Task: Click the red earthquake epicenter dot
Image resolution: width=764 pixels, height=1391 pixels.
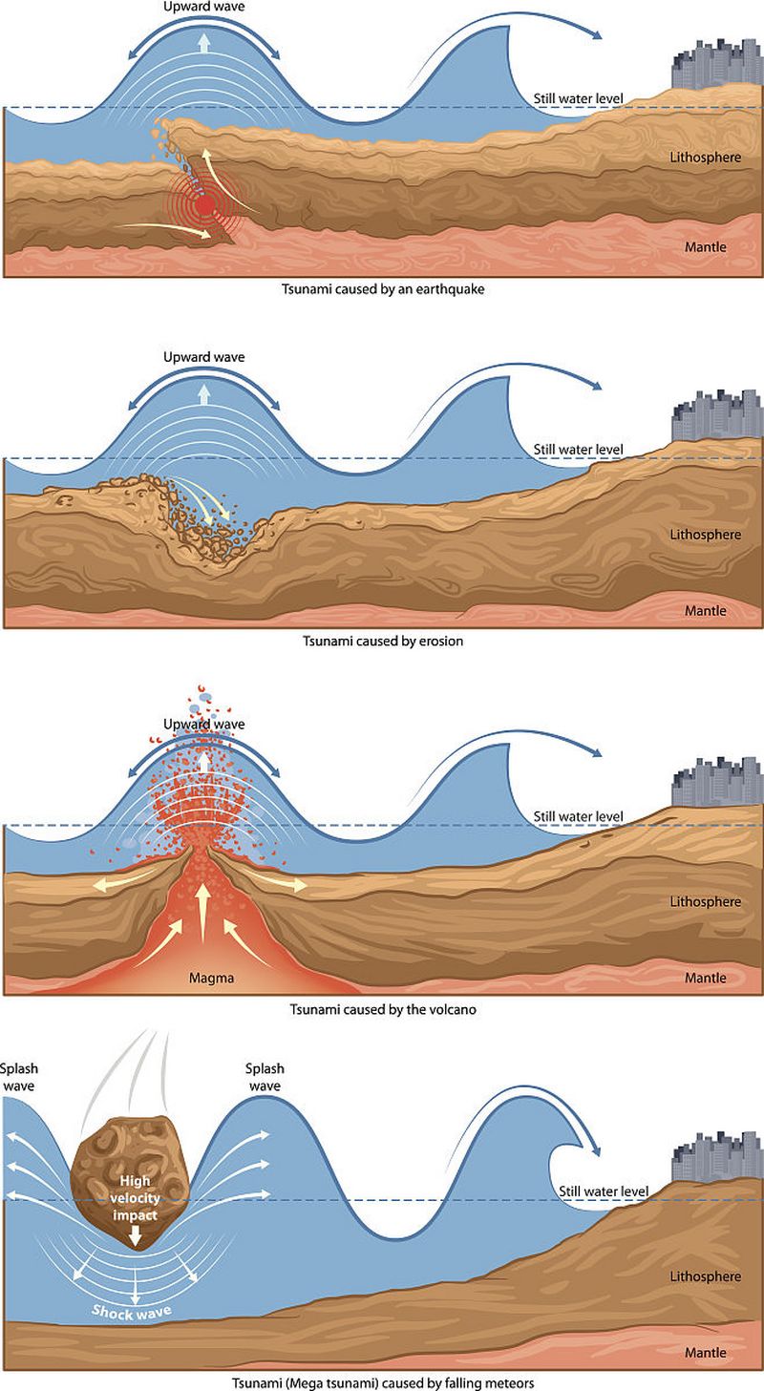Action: pyautogui.click(x=203, y=205)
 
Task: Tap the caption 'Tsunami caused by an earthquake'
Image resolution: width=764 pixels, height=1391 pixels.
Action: pyautogui.click(x=383, y=288)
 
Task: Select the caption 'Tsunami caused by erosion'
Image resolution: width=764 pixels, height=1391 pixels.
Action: pyautogui.click(x=383, y=641)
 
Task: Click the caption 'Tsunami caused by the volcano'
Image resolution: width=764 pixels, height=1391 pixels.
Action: pyautogui.click(x=383, y=1009)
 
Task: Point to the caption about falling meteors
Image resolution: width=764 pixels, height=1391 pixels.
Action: pyautogui.click(x=383, y=1383)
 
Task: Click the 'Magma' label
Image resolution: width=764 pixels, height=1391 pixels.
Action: pyautogui.click(x=211, y=978)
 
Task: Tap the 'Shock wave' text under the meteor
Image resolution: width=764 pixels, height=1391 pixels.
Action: pyautogui.click(x=132, y=1310)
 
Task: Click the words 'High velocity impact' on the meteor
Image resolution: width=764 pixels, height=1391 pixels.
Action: pyautogui.click(x=135, y=1198)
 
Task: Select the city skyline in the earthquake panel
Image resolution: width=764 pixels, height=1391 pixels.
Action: pyautogui.click(x=717, y=64)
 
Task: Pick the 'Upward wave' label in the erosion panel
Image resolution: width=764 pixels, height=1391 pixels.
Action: pyautogui.click(x=203, y=357)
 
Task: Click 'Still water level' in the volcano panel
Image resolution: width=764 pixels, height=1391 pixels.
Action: pyautogui.click(x=579, y=816)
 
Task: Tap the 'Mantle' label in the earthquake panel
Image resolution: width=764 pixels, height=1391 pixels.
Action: pyautogui.click(x=706, y=247)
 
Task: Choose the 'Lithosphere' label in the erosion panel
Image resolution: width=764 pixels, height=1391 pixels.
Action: pyautogui.click(x=706, y=535)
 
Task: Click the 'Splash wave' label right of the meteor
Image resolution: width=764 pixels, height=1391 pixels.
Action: pyautogui.click(x=265, y=1077)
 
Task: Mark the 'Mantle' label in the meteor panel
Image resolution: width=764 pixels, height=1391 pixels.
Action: pyautogui.click(x=706, y=1353)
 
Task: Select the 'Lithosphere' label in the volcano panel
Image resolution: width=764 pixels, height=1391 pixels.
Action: pyautogui.click(x=706, y=901)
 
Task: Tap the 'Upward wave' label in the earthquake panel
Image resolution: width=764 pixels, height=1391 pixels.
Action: pyautogui.click(x=203, y=7)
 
